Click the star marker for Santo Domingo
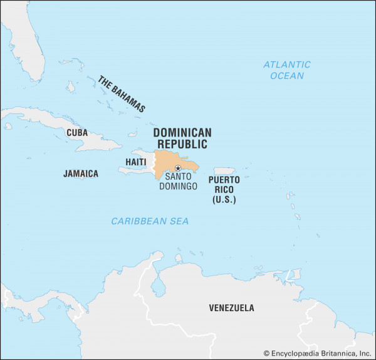click(x=178, y=168)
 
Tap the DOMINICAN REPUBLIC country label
click(x=182, y=138)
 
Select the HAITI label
click(x=135, y=162)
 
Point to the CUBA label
click(x=77, y=133)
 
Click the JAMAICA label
click(x=81, y=173)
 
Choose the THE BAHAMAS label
click(x=121, y=93)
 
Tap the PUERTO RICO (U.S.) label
click(x=224, y=189)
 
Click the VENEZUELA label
click(x=231, y=308)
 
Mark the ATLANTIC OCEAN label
click(x=286, y=70)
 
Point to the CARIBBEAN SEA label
click(x=150, y=221)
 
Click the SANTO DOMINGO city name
click(x=178, y=182)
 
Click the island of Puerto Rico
click(x=224, y=171)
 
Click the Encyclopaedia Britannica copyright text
click(x=318, y=353)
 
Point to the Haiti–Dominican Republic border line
click(x=154, y=163)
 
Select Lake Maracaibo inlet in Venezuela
click(x=159, y=287)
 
